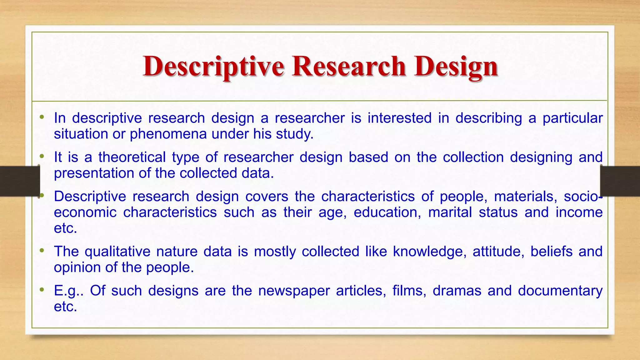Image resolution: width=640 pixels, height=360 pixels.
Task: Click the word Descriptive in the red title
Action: (x=213, y=67)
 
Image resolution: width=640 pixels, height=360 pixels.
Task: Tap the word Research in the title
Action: (x=349, y=67)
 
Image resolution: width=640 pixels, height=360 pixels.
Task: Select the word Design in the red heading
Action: (x=456, y=67)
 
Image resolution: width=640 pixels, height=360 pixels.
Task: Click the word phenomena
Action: (x=168, y=134)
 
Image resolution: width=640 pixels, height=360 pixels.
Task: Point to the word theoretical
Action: (x=132, y=157)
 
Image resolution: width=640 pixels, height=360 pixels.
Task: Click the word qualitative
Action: (x=117, y=252)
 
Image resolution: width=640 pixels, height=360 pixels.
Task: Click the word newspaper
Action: (x=294, y=291)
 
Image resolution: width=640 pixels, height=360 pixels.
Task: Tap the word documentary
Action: (x=560, y=291)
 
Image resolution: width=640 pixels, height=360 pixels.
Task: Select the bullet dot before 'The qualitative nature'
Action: (x=42, y=250)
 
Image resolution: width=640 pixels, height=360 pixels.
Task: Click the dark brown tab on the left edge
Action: (x=19, y=181)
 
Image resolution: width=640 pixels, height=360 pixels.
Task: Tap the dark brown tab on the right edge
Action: (x=620, y=181)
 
